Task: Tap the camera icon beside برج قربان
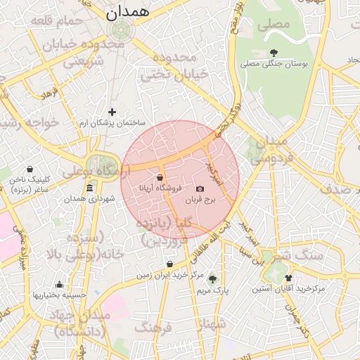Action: point(200,188)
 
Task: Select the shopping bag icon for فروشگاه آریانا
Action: point(160,177)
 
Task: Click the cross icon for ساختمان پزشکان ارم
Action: point(112,112)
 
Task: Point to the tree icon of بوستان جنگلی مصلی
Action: point(274,53)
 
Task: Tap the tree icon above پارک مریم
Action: point(213,279)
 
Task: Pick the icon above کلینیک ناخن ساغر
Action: point(30,169)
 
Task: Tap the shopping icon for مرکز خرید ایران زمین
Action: point(170,264)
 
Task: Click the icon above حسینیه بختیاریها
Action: point(59,285)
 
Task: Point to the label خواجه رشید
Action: point(28,123)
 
